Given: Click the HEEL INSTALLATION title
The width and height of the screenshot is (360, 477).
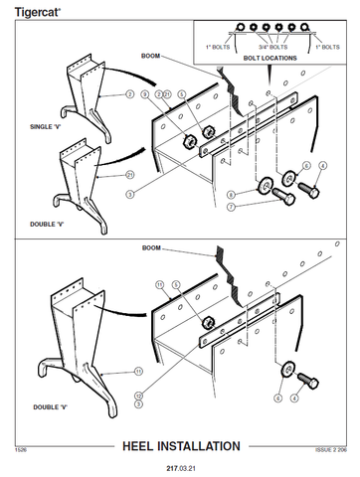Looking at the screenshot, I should point(180,445).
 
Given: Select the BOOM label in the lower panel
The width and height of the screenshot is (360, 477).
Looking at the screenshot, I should point(151,247).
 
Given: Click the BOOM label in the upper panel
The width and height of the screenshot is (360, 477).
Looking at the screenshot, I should point(150,56).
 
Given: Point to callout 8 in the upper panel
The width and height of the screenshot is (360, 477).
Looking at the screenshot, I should point(230,194).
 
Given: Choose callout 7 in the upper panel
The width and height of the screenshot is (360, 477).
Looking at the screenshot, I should point(230,206).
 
